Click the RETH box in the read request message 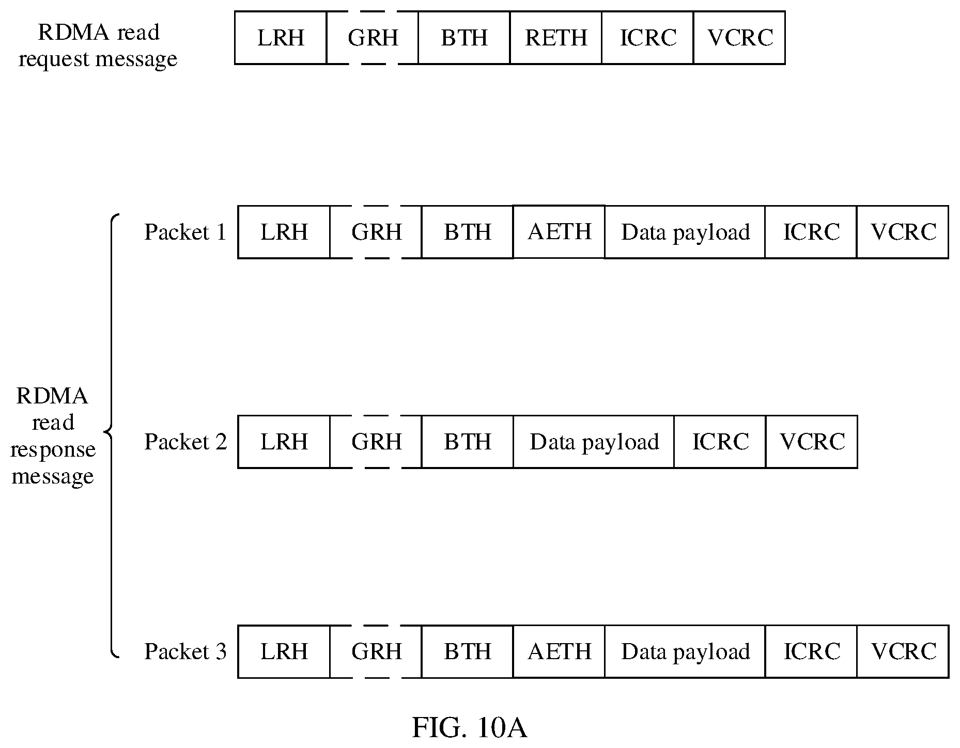click(x=556, y=38)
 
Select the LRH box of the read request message click(x=281, y=38)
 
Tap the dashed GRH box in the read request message click(x=373, y=38)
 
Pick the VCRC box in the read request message click(x=739, y=38)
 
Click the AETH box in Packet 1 click(x=559, y=231)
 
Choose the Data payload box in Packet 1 click(x=685, y=232)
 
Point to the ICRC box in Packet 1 click(x=811, y=232)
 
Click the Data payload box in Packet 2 click(x=594, y=442)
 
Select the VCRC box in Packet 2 click(x=812, y=442)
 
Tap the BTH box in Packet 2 click(x=468, y=442)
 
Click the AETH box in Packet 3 click(x=559, y=651)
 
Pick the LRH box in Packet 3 click(x=284, y=651)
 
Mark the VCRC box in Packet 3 click(x=903, y=651)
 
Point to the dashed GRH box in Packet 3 click(x=376, y=651)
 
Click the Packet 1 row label click(x=185, y=232)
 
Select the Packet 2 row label click(x=185, y=442)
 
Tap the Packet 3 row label click(x=185, y=651)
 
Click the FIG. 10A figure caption click(x=469, y=727)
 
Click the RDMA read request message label click(x=98, y=45)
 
